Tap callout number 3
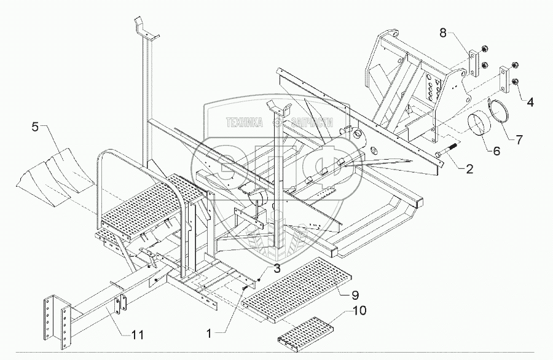pos(260,268)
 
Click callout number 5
pos(35,128)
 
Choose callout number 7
pos(519,139)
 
